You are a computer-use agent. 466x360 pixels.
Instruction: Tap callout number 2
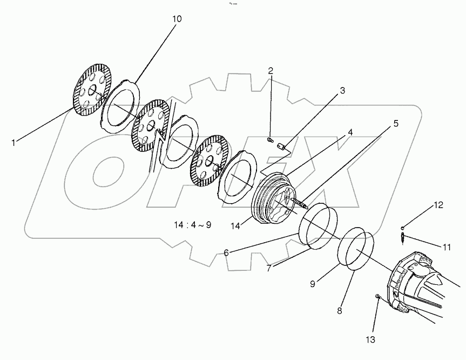[x=271, y=71]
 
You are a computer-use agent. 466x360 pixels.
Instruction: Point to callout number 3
[x=342, y=91]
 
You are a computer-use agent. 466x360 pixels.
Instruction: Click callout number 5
[x=396, y=123]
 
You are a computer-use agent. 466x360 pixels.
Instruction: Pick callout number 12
[x=438, y=205]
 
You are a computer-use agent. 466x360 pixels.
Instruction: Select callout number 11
[x=447, y=247]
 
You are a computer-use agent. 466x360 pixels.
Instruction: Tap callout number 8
[x=339, y=311]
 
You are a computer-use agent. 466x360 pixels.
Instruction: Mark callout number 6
[x=226, y=252]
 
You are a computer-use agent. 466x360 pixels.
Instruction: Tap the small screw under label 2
[x=271, y=141]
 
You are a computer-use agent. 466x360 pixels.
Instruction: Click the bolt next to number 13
[x=377, y=297]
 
